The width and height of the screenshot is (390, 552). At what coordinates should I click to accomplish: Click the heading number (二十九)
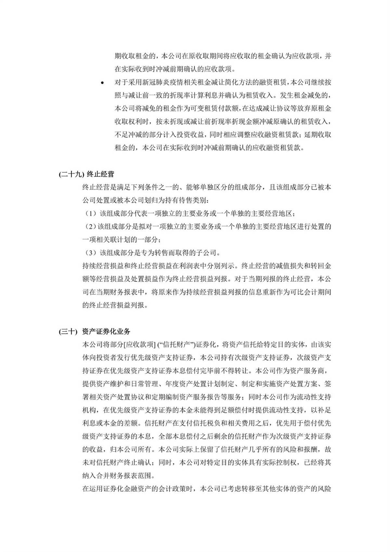point(70,174)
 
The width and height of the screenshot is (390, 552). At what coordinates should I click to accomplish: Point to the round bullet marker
point(102,83)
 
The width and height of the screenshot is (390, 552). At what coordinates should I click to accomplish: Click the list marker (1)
point(90,214)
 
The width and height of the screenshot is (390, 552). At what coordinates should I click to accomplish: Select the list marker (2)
point(90,227)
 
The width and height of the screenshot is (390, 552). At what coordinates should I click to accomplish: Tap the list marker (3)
point(90,253)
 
